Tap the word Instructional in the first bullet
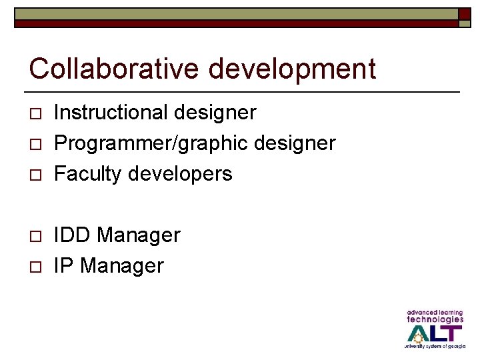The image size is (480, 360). [x=111, y=112]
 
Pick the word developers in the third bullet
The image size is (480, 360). [x=179, y=174]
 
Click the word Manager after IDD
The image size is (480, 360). [x=139, y=235]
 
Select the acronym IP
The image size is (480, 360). [x=63, y=266]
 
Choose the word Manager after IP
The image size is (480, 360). [x=122, y=266]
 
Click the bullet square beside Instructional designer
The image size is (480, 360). [x=35, y=114]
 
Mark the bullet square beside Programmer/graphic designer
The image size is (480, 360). [x=35, y=145]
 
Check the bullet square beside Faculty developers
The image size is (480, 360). [x=35, y=175]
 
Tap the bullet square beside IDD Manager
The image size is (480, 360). [x=35, y=237]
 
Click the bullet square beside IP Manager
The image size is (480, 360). [x=35, y=267]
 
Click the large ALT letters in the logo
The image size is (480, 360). [x=434, y=333]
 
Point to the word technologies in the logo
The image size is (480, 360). [x=435, y=319]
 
